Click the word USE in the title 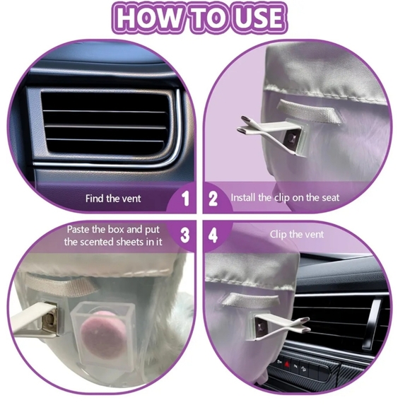(x=257, y=18)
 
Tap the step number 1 (x=185, y=199)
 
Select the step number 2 (x=213, y=199)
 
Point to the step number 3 (x=184, y=235)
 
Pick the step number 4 (x=213, y=235)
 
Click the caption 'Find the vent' (x=113, y=199)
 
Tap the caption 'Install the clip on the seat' (x=285, y=197)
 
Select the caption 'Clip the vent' (x=297, y=234)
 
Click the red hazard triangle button (x=288, y=364)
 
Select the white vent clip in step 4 (x=282, y=327)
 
